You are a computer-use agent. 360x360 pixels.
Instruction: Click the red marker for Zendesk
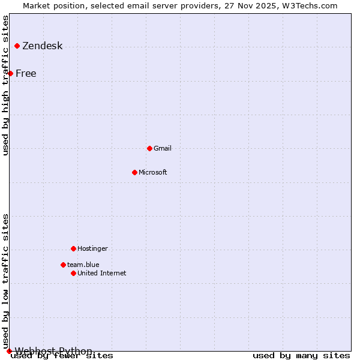point(17,46)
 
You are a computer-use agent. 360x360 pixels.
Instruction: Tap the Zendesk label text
point(43,46)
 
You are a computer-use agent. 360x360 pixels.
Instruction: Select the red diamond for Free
point(10,73)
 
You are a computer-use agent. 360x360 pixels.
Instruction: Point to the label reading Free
point(26,74)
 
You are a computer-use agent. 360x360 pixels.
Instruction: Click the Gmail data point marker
point(149,148)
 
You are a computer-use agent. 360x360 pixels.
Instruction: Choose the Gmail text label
point(163,148)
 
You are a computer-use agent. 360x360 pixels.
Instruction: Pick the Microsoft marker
point(134,172)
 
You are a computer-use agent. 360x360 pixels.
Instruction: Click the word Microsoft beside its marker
point(153,172)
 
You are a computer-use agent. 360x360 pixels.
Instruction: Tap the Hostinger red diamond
point(73,248)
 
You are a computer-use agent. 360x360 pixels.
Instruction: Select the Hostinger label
point(92,248)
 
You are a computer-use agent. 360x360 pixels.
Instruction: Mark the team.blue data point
point(63,265)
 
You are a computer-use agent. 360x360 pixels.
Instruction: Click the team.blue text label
point(83,265)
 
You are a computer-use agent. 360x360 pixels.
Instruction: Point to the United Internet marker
point(73,273)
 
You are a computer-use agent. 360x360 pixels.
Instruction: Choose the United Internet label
point(102,273)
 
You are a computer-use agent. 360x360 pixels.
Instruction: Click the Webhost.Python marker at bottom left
point(9,351)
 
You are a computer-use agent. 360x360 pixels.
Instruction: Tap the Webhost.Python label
point(54,351)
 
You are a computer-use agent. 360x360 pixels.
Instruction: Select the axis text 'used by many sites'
point(301,355)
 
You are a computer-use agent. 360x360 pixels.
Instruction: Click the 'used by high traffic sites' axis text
point(6,86)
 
